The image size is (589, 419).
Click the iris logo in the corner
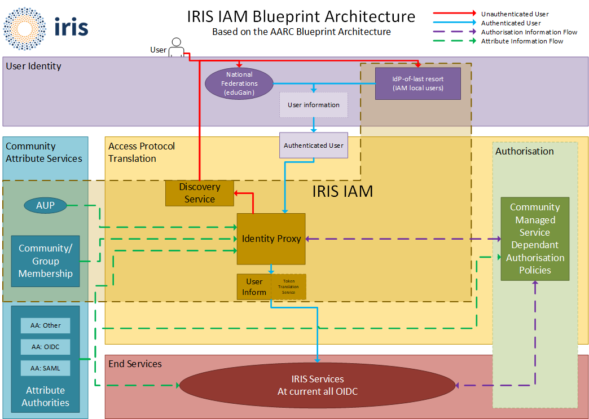pos(45,27)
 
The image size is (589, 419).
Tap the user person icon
pos(177,47)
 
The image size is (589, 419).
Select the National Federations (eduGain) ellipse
pos(239,83)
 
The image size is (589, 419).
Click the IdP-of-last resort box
pos(418,83)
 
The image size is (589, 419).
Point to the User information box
pos(314,105)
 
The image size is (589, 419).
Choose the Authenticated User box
pos(314,145)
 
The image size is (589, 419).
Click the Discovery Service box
pos(200,193)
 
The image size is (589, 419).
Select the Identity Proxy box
pos(271,239)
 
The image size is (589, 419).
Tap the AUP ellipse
pos(45,205)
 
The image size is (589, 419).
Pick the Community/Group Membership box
pos(45,261)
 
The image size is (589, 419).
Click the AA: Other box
pos(46,325)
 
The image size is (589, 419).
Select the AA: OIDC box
pos(46,347)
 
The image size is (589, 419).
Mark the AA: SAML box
pos(46,368)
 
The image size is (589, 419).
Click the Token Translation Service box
pos(289,286)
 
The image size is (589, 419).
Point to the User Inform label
pos(254,286)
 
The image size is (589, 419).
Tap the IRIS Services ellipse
pos(318,386)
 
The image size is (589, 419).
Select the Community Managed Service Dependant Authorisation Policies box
pos(535,239)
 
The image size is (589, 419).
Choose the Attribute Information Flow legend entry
pos(522,41)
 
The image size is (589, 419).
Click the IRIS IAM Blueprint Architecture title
pos(301,17)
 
